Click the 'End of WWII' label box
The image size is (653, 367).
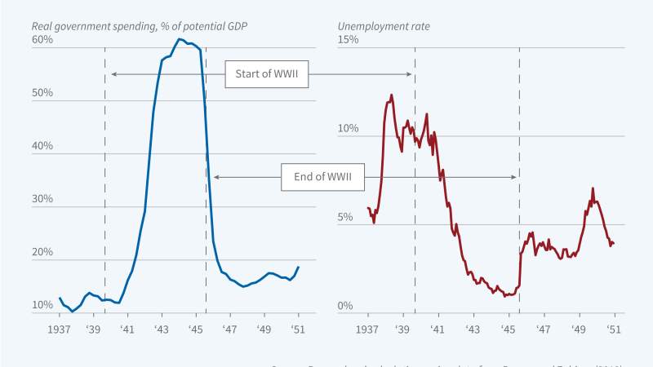point(322,177)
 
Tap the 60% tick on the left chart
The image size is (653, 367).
point(42,40)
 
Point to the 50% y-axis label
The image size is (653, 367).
point(42,93)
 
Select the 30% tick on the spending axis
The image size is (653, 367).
point(42,199)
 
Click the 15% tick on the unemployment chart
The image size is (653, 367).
point(349,40)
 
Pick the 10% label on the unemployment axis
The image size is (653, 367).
point(349,129)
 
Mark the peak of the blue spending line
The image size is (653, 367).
point(180,39)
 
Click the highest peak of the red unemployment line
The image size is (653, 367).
point(392,95)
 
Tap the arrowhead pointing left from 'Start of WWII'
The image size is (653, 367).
point(113,75)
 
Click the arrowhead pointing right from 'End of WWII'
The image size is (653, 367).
point(513,177)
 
